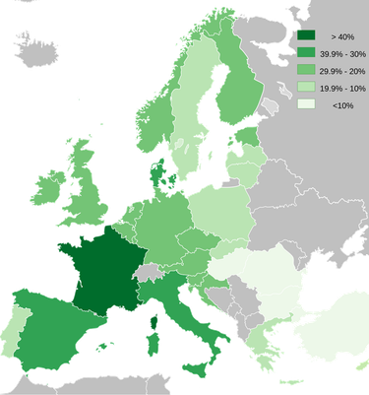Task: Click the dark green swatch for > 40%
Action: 307,34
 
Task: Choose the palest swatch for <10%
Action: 307,105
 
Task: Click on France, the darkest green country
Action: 102,275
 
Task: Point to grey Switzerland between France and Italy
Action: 148,272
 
